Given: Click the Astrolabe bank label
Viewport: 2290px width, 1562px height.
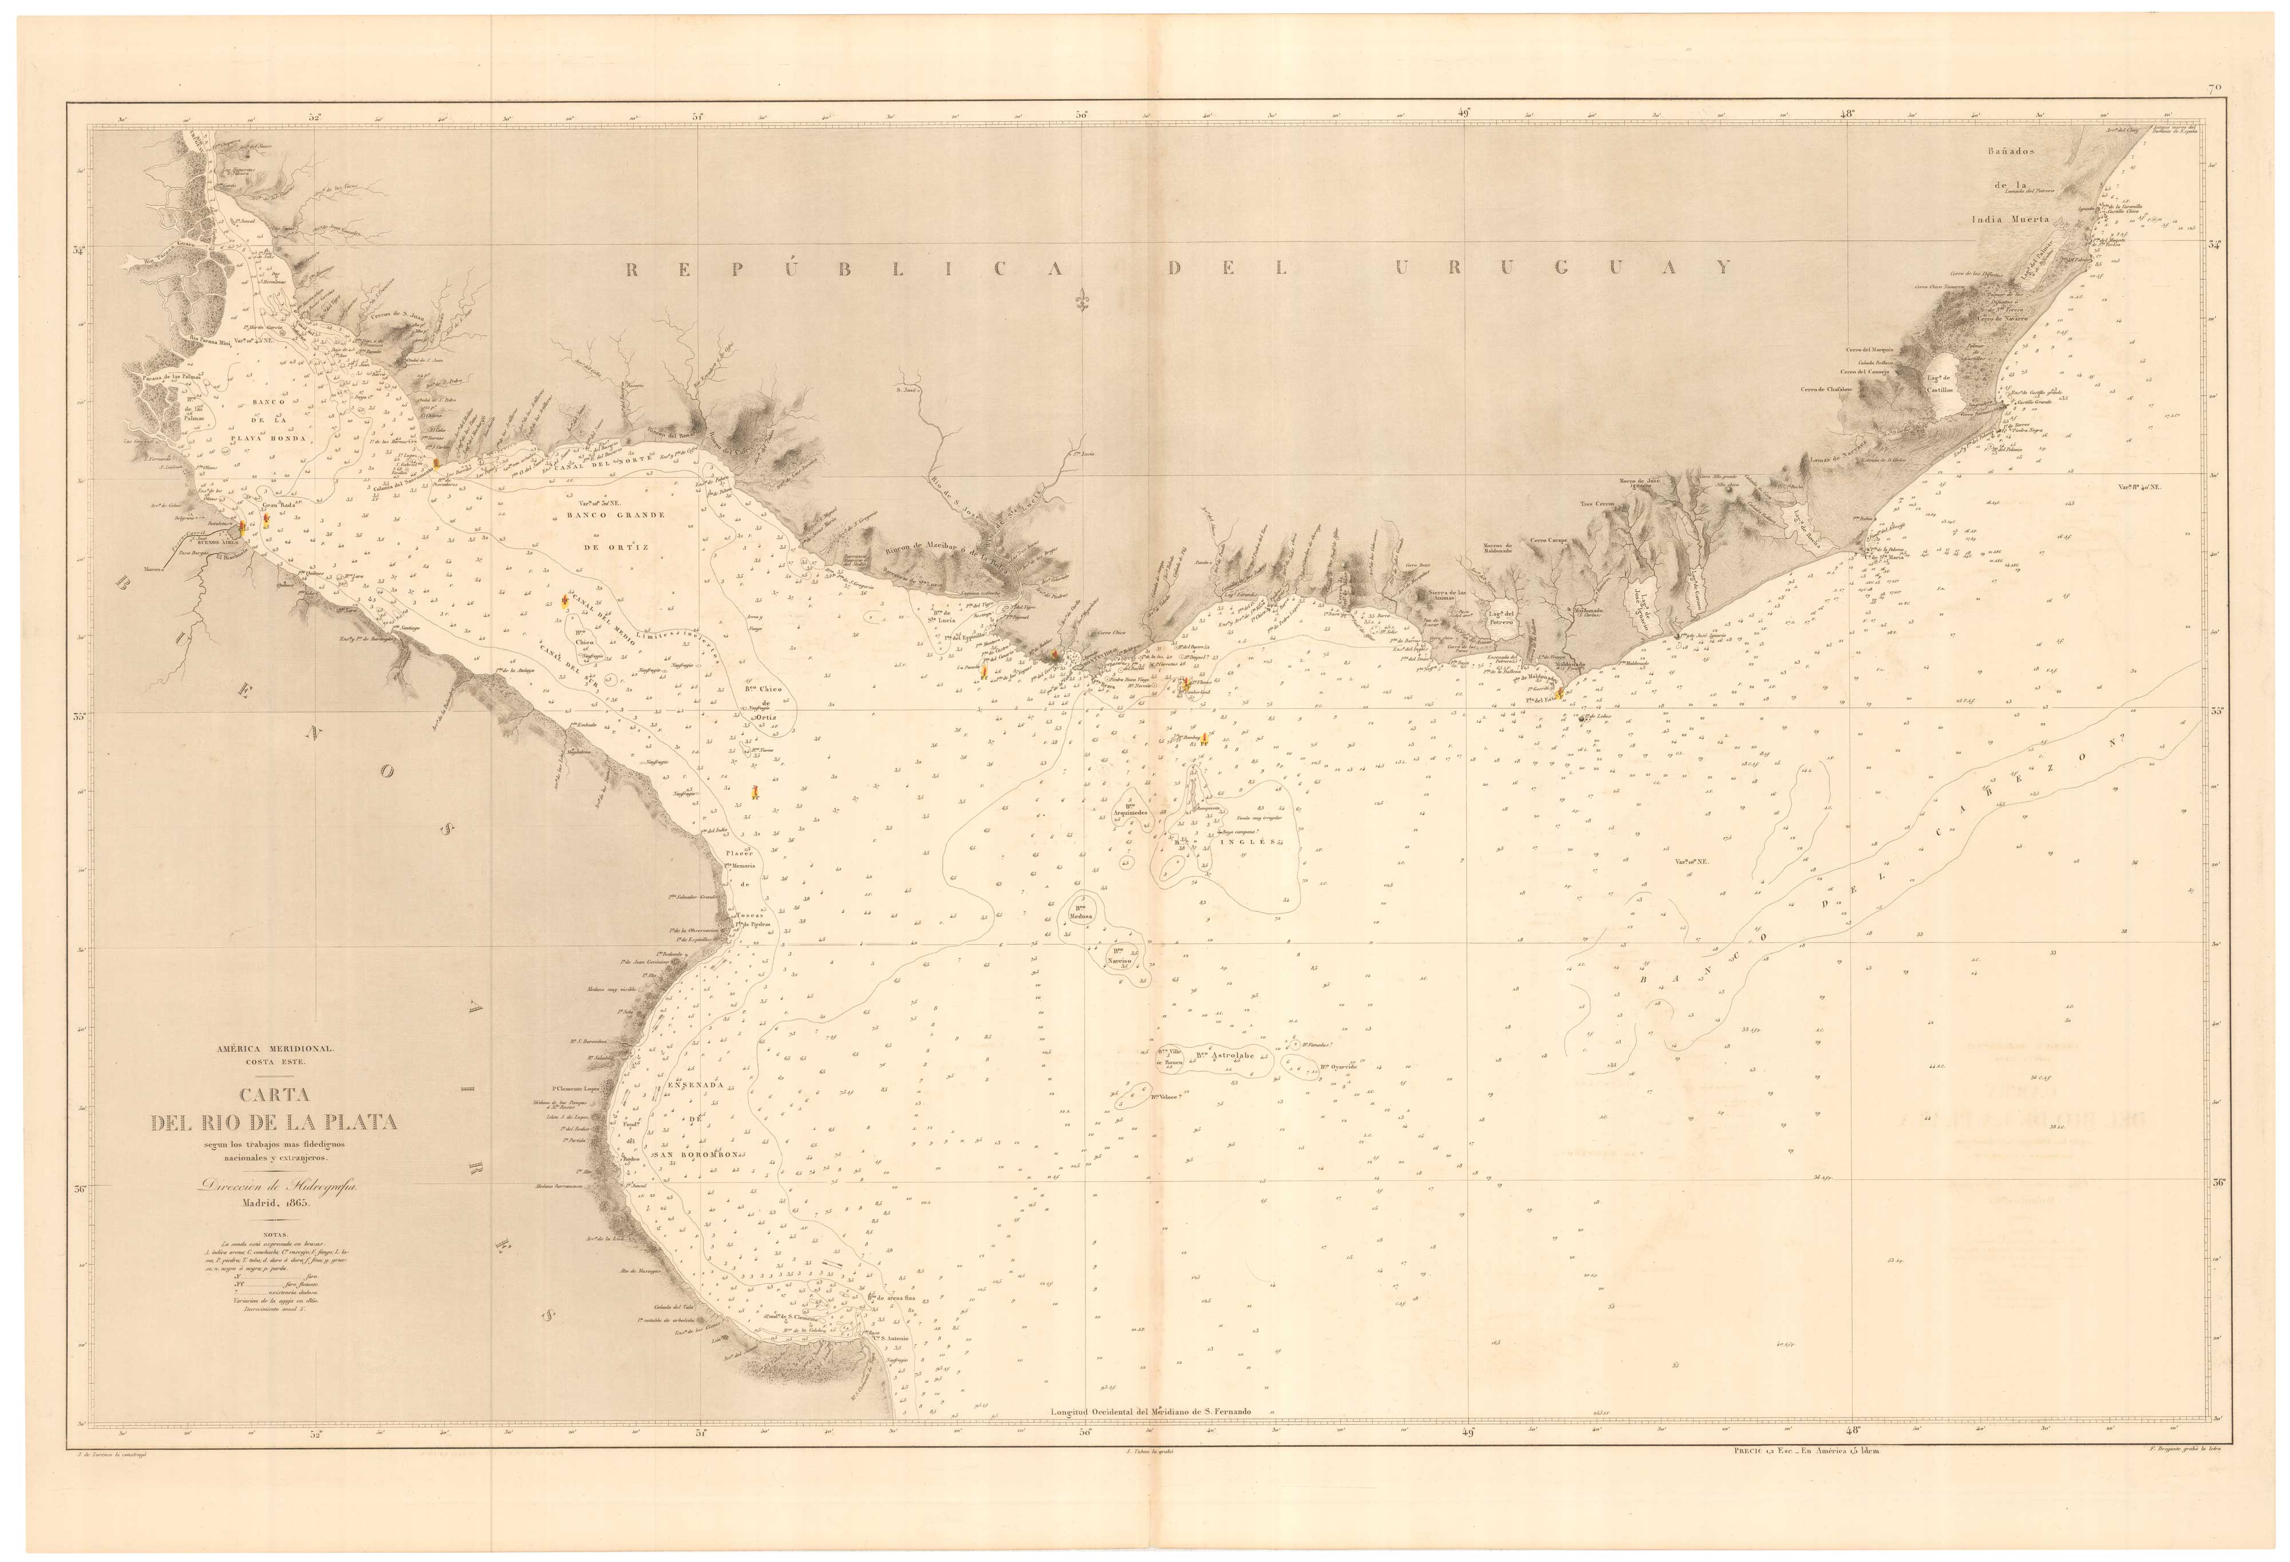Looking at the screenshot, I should [x=1229, y=1055].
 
